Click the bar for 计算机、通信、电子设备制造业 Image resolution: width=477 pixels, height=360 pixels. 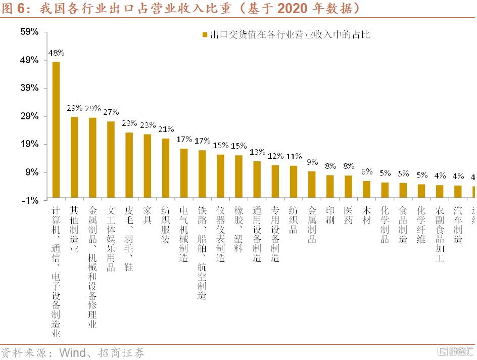click(56, 129)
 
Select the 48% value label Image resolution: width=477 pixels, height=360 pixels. click(56, 52)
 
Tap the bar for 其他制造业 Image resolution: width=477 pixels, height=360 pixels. click(74, 157)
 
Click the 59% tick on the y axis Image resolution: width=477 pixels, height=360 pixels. click(29, 32)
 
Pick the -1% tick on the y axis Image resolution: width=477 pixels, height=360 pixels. click(29, 200)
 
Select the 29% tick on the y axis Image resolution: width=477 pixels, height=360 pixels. click(29, 116)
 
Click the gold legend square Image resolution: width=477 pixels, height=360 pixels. click(205, 35)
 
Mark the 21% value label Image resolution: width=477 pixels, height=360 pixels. click(166, 128)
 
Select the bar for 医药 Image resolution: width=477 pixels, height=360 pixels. click(348, 187)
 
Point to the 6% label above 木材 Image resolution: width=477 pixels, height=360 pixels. click(367, 171)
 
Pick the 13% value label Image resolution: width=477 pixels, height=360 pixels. click(257, 152)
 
